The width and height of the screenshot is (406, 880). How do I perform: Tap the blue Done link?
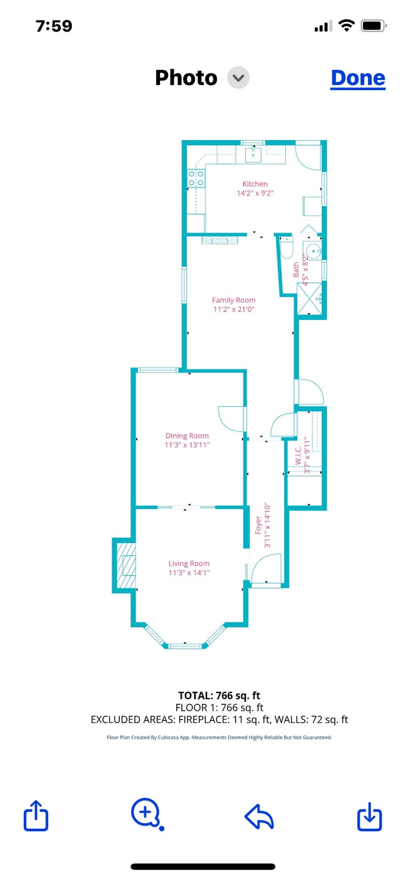[358, 78]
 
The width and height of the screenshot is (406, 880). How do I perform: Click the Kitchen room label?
[255, 184]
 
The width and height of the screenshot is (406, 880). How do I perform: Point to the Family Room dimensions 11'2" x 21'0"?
[234, 309]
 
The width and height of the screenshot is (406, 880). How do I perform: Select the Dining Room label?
[187, 436]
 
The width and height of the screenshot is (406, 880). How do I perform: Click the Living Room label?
[189, 563]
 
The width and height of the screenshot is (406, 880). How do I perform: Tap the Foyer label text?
[259, 525]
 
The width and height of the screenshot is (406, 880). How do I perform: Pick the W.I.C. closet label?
[299, 456]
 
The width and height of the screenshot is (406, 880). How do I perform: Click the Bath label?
[296, 269]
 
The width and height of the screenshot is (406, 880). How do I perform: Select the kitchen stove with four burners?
[196, 178]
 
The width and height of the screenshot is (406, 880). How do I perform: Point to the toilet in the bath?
[287, 247]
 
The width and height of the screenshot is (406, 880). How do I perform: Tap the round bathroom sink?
[313, 250]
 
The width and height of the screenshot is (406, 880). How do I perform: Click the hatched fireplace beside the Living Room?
[126, 565]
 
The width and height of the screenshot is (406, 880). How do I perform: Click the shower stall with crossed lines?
[309, 299]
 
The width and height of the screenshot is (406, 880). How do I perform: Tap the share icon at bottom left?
[36, 816]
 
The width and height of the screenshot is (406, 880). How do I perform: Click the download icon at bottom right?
[370, 817]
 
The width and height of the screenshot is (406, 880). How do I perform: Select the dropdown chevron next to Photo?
[239, 77]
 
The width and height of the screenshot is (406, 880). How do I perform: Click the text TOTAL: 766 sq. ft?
[219, 696]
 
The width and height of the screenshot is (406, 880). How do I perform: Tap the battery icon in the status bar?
[374, 26]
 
